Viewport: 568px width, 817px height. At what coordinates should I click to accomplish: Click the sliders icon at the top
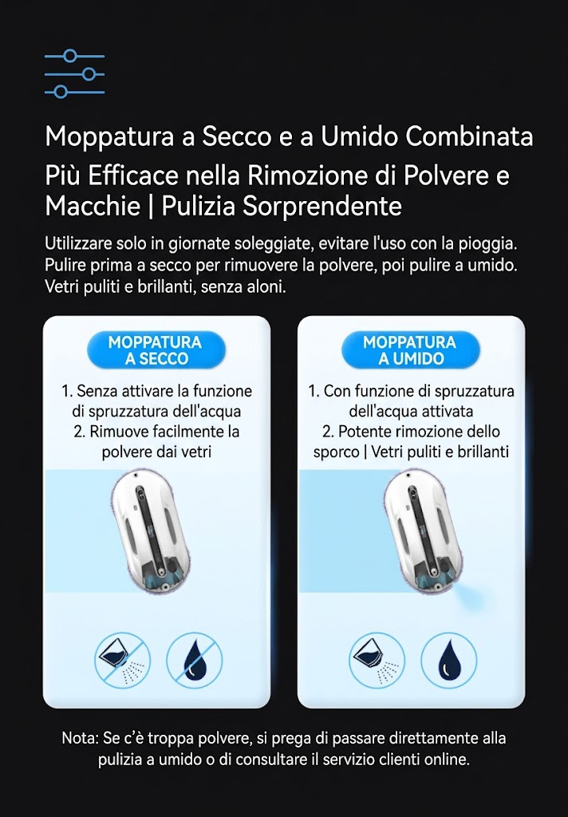74,74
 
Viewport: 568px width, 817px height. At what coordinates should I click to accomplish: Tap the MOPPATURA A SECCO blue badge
156,350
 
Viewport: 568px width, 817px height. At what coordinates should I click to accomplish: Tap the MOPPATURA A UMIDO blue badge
410,350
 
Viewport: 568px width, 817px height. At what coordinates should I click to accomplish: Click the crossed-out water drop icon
194,660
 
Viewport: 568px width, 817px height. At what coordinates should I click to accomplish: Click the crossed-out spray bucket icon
122,660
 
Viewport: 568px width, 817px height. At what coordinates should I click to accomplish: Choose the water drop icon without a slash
448,660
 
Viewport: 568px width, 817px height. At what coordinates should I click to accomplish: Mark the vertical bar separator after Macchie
151,207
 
